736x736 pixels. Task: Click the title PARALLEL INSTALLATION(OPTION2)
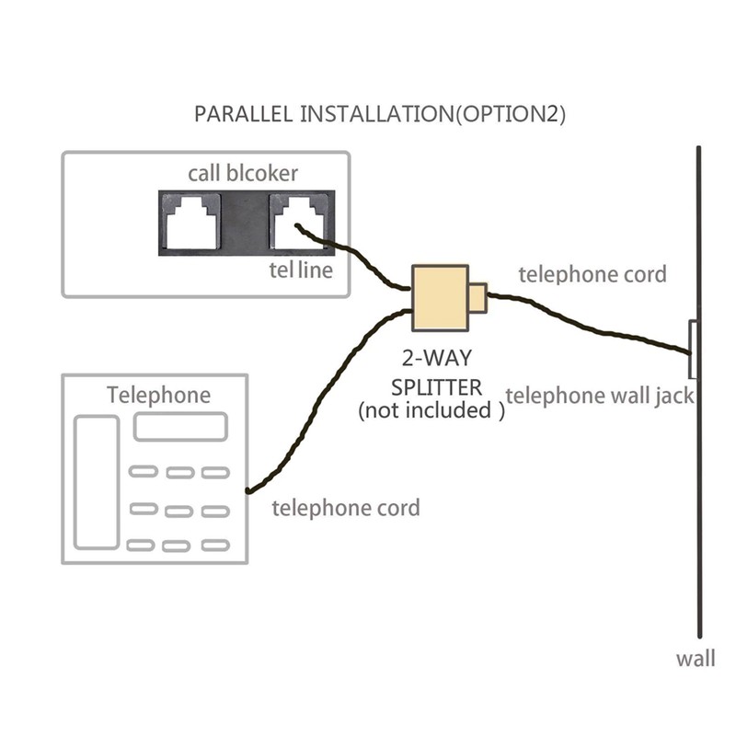[380, 115]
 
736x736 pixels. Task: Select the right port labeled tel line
[295, 221]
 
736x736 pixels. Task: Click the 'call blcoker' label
[243, 173]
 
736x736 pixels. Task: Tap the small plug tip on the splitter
[477, 297]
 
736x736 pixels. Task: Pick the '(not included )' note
[431, 410]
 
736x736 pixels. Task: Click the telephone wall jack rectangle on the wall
[692, 350]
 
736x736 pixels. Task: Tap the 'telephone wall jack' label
[600, 396]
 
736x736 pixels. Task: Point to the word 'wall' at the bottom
[695, 659]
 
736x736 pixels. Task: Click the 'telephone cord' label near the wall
[592, 274]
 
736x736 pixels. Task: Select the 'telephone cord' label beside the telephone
[346, 508]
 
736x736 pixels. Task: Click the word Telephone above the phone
[158, 396]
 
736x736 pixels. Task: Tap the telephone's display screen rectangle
[180, 427]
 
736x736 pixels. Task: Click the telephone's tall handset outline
[97, 483]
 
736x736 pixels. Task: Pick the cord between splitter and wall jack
[589, 322]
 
